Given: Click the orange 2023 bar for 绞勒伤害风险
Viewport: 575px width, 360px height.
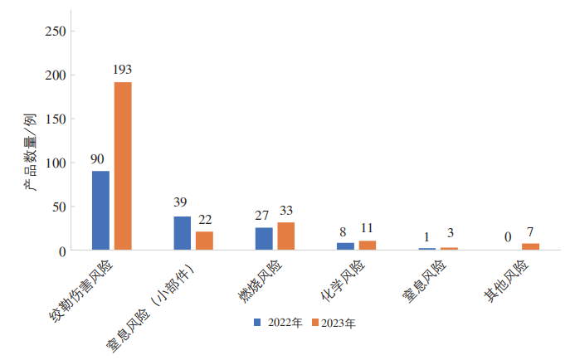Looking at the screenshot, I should pyautogui.click(x=123, y=166).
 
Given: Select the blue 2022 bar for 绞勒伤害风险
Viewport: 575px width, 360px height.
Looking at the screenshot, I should pyautogui.click(x=100, y=210).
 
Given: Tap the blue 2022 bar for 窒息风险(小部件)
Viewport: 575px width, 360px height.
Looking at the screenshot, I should pyautogui.click(x=182, y=233).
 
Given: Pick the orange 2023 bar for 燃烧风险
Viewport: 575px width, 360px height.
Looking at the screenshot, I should pyautogui.click(x=286, y=236).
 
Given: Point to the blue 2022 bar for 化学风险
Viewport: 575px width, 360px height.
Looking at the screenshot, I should pyautogui.click(x=345, y=246).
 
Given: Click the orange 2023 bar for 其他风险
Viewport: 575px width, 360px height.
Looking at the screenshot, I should pyautogui.click(x=530, y=246).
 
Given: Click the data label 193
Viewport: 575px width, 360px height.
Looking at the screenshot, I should pyautogui.click(x=123, y=70).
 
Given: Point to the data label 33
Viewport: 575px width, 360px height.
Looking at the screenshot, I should pyautogui.click(x=286, y=210).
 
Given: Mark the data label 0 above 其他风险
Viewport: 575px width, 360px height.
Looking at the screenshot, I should pyautogui.click(x=507, y=237).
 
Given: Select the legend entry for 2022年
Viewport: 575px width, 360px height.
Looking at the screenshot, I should pyautogui.click(x=278, y=322).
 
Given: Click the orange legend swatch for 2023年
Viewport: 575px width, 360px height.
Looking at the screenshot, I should pyautogui.click(x=315, y=322).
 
